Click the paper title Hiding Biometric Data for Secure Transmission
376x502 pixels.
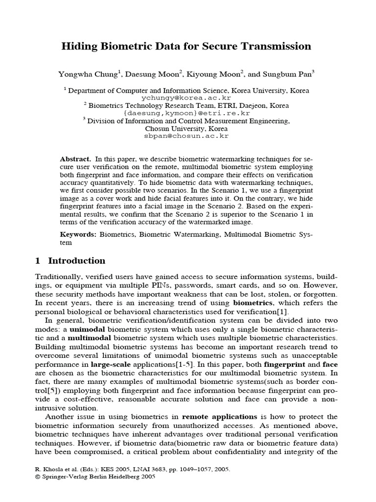pyautogui.click(x=186, y=47)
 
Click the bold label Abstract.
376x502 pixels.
pyautogui.click(x=75, y=160)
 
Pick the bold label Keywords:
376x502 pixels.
pyautogui.click(x=78, y=235)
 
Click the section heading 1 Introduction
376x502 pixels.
pyautogui.click(x=70, y=261)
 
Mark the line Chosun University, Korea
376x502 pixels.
pyautogui.click(x=186, y=128)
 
